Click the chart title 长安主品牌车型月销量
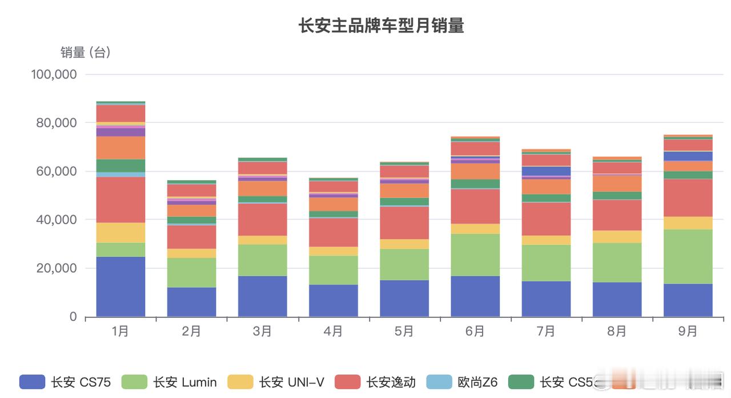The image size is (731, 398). (x=381, y=26)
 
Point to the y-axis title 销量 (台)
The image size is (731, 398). (x=86, y=53)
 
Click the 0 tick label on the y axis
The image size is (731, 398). (x=73, y=317)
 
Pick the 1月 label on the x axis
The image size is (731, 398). (x=121, y=332)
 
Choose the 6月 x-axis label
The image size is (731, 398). (x=475, y=332)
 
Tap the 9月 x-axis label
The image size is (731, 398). (x=688, y=332)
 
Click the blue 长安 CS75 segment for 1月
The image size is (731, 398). (x=121, y=286)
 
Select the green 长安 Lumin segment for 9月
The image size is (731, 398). (x=688, y=257)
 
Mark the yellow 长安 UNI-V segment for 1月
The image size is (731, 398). (x=121, y=233)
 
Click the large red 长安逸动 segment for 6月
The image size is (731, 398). (x=475, y=206)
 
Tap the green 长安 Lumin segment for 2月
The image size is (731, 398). (x=191, y=273)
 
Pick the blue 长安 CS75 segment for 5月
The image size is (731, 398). (x=404, y=298)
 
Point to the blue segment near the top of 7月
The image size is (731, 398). (x=546, y=171)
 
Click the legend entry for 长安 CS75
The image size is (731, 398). (x=65, y=382)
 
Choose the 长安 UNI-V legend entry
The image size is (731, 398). (x=276, y=382)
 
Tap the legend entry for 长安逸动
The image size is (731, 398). (x=375, y=382)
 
